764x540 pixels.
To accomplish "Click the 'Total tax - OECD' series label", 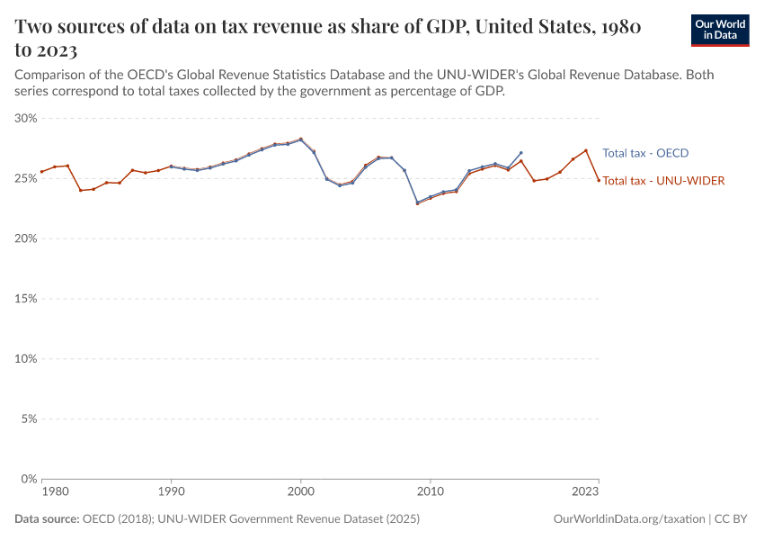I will point(645,153).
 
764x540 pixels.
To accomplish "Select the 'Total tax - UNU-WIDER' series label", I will point(663,181).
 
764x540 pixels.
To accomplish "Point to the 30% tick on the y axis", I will point(25,118).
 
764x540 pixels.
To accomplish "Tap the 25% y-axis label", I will point(25,178).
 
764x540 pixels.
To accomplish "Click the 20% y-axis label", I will point(25,238).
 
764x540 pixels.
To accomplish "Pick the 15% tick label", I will point(25,299).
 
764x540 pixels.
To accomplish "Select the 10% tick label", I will point(25,358).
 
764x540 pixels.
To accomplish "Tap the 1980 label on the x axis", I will point(55,492).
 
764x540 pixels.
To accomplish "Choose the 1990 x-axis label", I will point(171,492).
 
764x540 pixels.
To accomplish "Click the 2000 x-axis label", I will point(300,492).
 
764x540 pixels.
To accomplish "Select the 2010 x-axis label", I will point(431,492).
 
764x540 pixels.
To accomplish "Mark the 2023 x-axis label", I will point(585,492).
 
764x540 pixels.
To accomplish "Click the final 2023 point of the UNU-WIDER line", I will point(599,180).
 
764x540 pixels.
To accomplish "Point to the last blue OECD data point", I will point(521,153).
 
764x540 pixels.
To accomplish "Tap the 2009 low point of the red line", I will point(418,203).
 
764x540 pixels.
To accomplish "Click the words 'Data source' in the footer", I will point(47,519).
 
